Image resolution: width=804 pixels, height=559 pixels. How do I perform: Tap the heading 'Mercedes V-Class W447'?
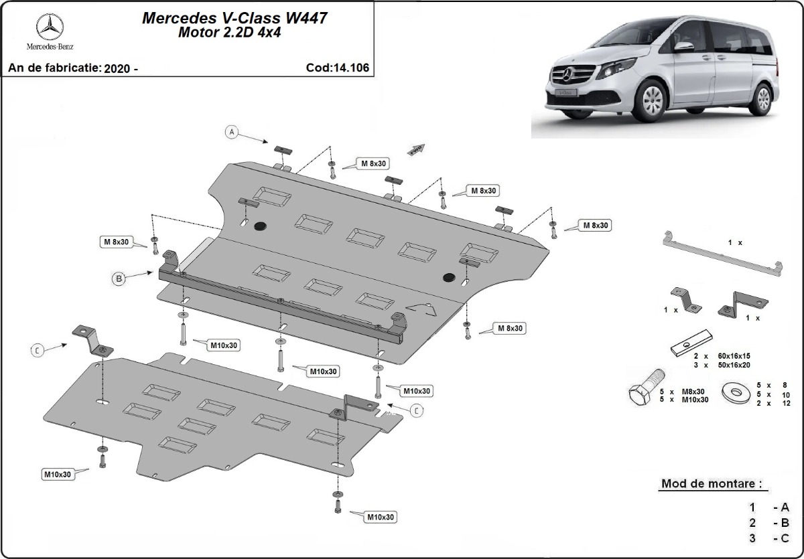point(234,18)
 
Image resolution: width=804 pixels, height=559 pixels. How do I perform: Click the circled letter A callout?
point(232,132)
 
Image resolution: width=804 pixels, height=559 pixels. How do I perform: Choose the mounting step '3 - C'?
point(770,538)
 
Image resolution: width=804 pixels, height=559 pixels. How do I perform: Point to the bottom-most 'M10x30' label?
point(380,517)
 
